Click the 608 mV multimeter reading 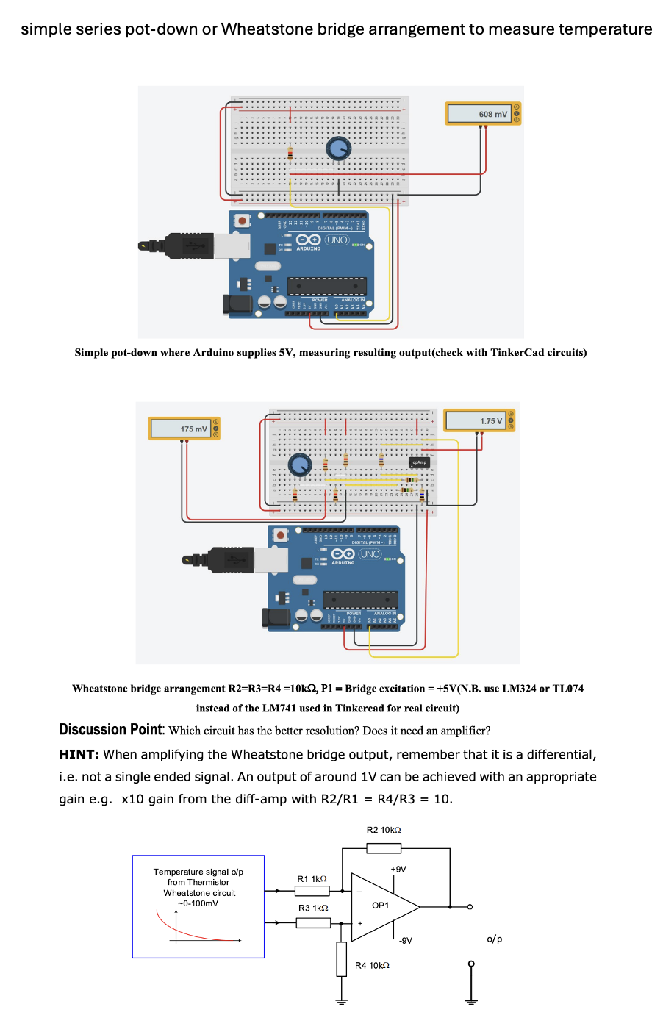point(492,114)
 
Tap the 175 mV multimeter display point(193,429)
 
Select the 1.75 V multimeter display point(490,421)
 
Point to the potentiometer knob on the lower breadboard point(299,465)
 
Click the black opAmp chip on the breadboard point(419,462)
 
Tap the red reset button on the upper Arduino point(242,220)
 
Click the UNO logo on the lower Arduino point(370,554)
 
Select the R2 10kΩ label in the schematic point(384,830)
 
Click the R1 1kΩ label point(312,879)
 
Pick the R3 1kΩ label point(313,908)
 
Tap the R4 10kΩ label point(372,965)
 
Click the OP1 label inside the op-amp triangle point(380,906)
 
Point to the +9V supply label point(398,869)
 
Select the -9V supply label point(405,940)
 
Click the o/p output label point(495,939)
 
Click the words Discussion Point point(110,729)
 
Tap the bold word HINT point(79,754)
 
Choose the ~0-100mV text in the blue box point(198,903)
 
